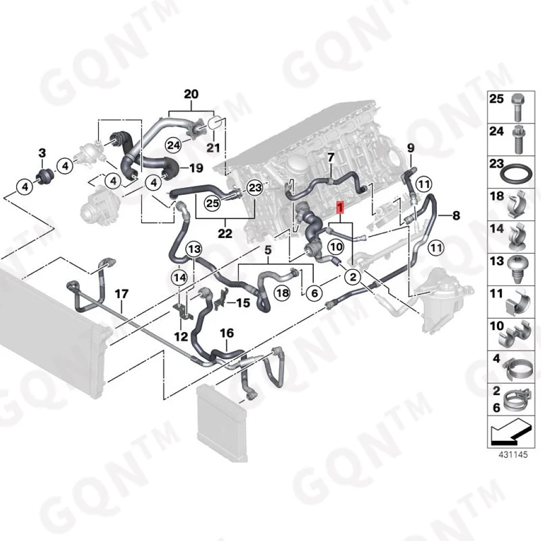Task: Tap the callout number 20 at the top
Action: [191, 94]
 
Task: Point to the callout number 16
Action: [227, 333]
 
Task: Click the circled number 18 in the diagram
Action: [283, 292]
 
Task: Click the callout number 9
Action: [410, 148]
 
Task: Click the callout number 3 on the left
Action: [41, 153]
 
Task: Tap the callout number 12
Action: [181, 335]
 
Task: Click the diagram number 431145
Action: [512, 455]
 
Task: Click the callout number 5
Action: [268, 250]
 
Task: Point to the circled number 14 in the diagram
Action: [179, 277]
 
